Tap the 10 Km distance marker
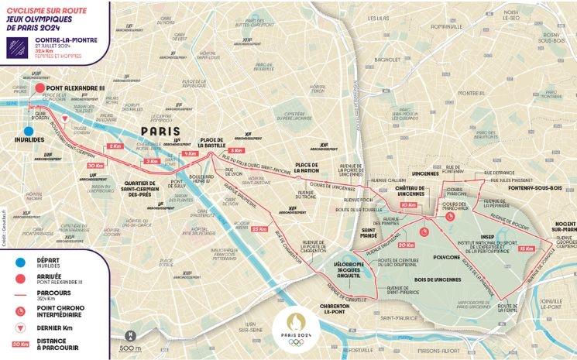(407, 205)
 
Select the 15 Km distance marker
(527, 249)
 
